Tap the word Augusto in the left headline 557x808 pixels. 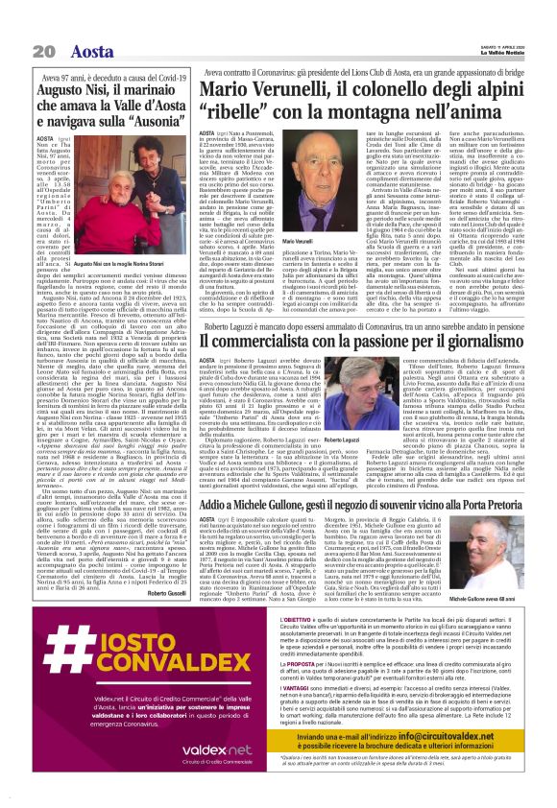click(x=75, y=98)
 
